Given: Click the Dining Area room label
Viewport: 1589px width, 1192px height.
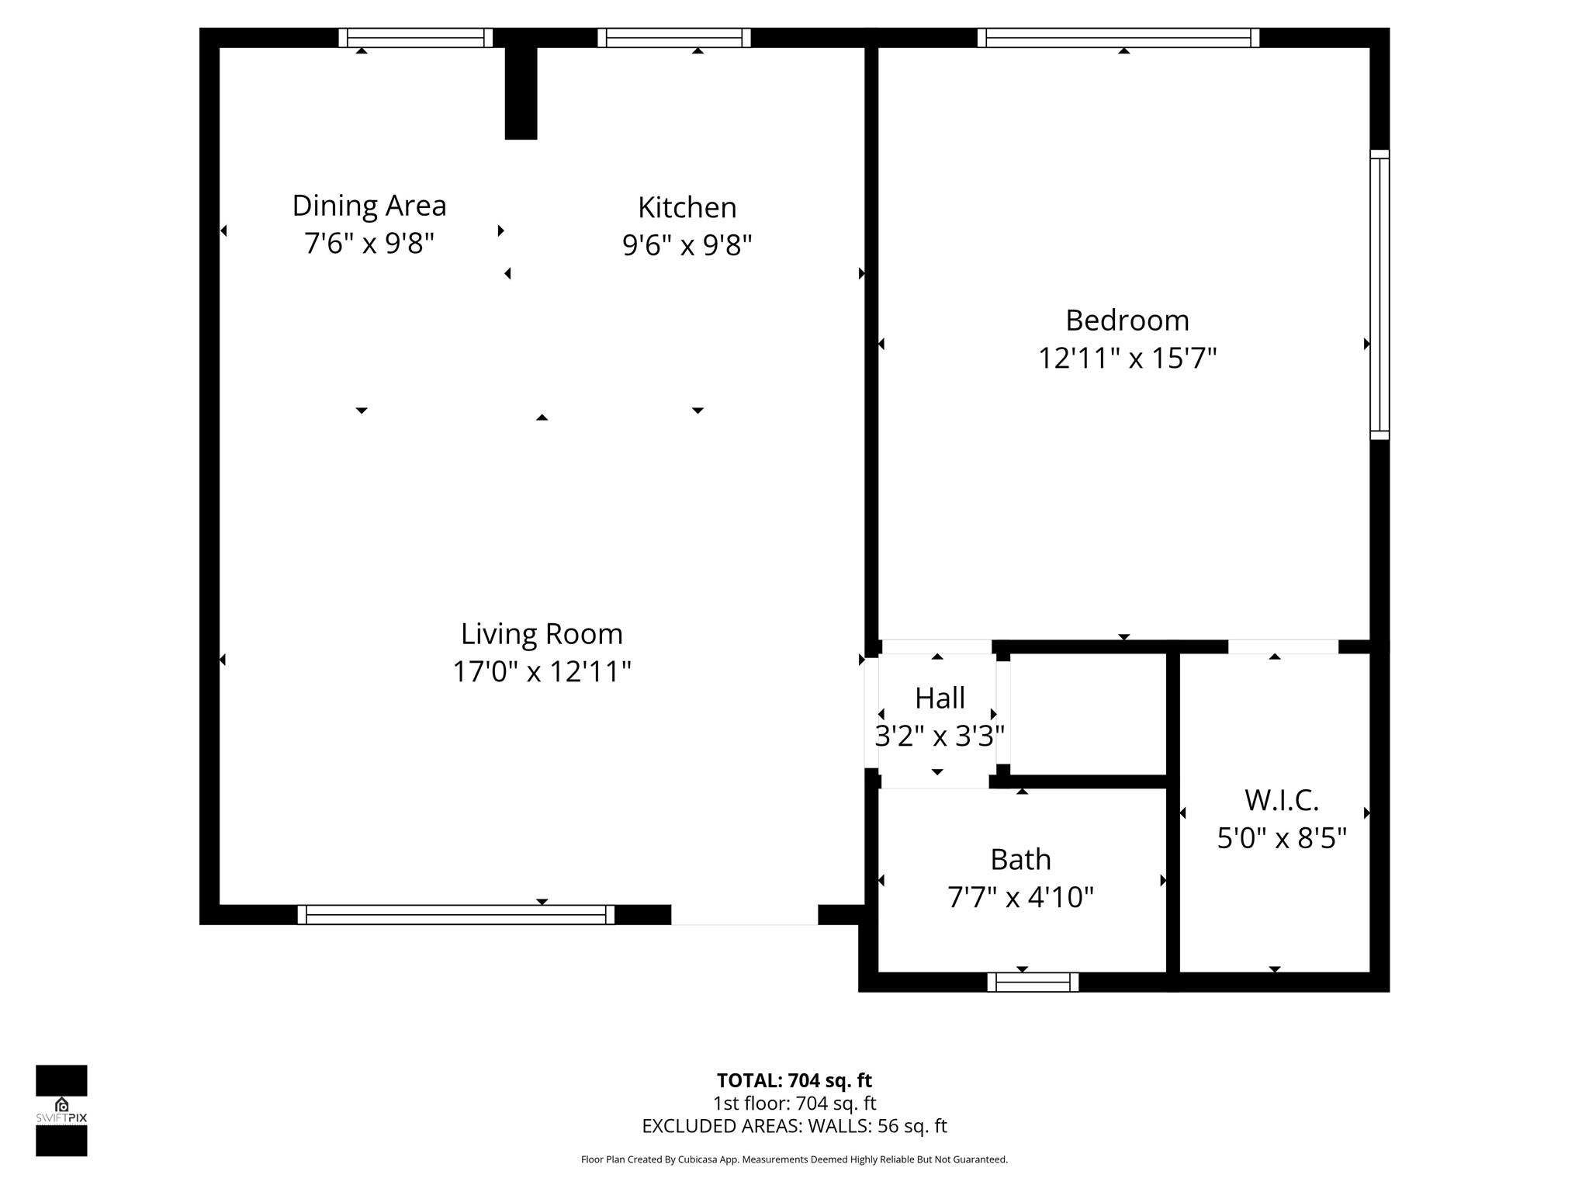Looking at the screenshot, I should [369, 206].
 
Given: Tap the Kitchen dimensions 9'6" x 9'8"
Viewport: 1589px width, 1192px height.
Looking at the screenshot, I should [687, 245].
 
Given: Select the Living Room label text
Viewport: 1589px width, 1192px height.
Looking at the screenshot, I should [542, 634].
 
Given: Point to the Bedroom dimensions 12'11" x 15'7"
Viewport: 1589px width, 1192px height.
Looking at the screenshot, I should [1127, 359].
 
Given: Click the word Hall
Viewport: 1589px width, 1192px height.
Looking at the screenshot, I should [940, 698].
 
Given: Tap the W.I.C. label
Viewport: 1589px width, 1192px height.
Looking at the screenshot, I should [1281, 800].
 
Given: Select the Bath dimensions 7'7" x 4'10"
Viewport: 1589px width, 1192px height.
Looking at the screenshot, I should [1020, 897].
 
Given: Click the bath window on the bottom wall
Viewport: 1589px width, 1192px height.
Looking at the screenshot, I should [1033, 982].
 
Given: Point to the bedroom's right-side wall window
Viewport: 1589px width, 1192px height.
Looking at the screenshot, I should [1379, 295].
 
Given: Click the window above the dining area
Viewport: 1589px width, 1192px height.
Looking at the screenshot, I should [415, 38].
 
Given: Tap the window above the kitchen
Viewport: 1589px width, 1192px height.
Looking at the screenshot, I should [674, 38].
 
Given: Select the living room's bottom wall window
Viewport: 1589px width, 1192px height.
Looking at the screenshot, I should [455, 914].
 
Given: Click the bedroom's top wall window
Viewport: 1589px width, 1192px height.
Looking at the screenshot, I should [1118, 38].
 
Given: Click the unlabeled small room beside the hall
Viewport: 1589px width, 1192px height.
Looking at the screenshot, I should [1088, 714].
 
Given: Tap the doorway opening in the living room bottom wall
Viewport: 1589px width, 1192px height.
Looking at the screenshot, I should [744, 915].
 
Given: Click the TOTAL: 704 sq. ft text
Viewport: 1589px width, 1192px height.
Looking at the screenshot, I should [794, 1080].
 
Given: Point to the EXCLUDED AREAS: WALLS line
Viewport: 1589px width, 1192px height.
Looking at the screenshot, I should [794, 1126].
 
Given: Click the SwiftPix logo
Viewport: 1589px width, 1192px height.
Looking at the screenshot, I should [61, 1111].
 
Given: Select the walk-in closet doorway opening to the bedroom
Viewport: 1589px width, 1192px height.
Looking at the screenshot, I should [1283, 646].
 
